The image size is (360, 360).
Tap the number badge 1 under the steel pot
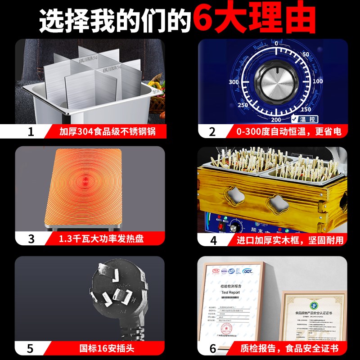31,132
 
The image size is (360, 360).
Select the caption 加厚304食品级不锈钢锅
107,132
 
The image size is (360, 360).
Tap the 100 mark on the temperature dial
317,81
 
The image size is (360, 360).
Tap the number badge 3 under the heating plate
31,239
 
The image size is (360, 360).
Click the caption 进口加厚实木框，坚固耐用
290,239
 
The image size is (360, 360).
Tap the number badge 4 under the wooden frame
213,239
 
